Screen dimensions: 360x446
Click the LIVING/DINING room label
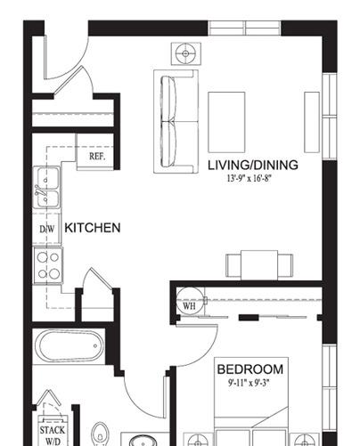pyautogui.click(x=253, y=165)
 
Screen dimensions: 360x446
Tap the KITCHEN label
pyautogui.click(x=93, y=228)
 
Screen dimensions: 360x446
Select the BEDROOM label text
pyautogui.click(x=250, y=369)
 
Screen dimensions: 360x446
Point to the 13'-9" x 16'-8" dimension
pyautogui.click(x=250, y=178)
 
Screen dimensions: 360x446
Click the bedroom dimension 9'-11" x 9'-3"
pyautogui.click(x=250, y=383)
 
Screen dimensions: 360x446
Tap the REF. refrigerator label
pyautogui.click(x=97, y=157)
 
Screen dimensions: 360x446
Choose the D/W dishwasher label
pyautogui.click(x=47, y=229)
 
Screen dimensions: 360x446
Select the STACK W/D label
pyautogui.click(x=53, y=435)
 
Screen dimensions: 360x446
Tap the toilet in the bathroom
pyautogui.click(x=101, y=434)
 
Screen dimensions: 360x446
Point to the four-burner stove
pyautogui.click(x=48, y=265)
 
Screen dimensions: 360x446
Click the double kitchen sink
pyautogui.click(x=46, y=187)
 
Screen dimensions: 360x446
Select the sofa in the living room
pyautogui.click(x=176, y=121)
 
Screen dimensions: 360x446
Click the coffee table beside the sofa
pyautogui.click(x=226, y=122)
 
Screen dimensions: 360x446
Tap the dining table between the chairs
pyautogui.click(x=259, y=265)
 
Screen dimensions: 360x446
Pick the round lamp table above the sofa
pyautogui.click(x=186, y=53)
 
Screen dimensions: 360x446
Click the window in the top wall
pyautogui.click(x=244, y=28)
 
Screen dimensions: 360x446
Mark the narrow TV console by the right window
pyautogui.click(x=312, y=122)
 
